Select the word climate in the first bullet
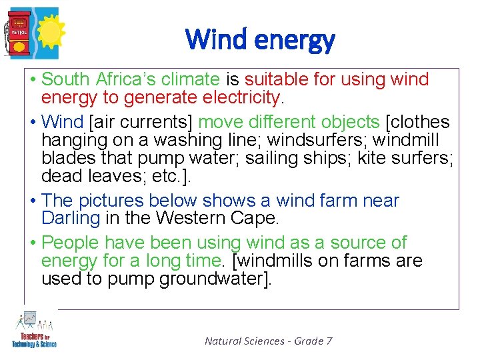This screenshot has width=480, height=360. pos(190,79)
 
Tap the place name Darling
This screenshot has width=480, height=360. pos(70,219)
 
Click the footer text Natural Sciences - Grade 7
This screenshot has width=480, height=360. pos(268,341)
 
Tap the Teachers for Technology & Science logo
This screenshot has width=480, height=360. pos(33,330)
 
